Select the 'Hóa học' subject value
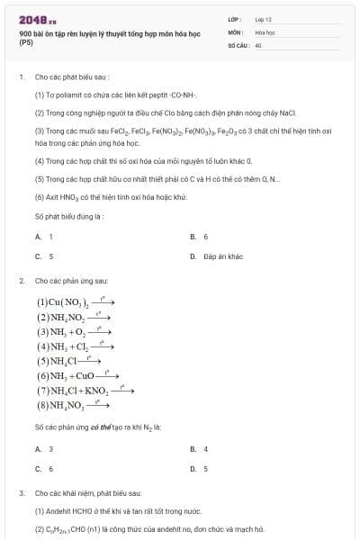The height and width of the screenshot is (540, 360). pos(264,31)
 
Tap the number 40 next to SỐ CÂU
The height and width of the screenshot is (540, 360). pos(258,44)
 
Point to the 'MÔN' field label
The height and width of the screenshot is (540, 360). pos(234,31)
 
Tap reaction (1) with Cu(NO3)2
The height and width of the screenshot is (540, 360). pos(75,302)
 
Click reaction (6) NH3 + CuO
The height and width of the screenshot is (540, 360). pos(76,375)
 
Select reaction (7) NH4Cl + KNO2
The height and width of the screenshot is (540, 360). pos(84,391)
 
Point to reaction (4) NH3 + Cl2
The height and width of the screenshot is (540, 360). pos(74,346)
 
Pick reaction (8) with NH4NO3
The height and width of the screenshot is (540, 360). pos(72,405)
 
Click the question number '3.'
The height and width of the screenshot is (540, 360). pos(22,493)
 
